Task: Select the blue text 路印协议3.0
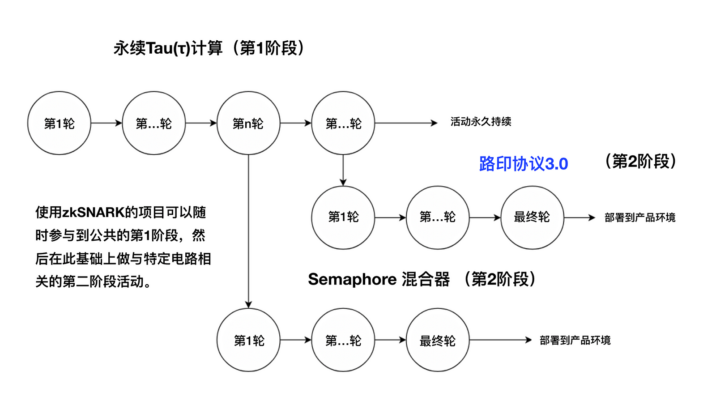click(524, 164)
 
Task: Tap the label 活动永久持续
click(481, 122)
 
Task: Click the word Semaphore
click(352, 279)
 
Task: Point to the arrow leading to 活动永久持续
click(406, 123)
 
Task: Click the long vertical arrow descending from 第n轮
click(248, 231)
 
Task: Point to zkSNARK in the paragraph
click(93, 213)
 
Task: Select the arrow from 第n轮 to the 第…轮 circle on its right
click(296, 123)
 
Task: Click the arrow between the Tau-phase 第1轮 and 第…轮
click(107, 123)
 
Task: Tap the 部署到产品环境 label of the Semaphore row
click(575, 341)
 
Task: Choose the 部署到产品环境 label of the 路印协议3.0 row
click(640, 217)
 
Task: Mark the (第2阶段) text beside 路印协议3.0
click(641, 162)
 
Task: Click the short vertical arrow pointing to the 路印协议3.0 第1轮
click(343, 171)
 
